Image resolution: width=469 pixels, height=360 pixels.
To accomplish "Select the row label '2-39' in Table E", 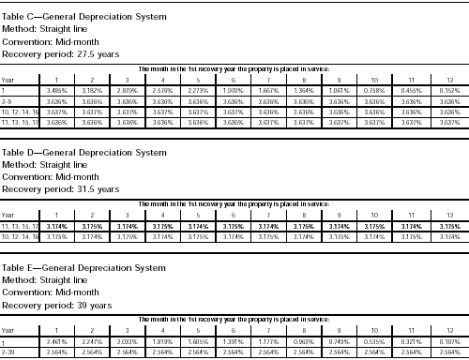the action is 8,352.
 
